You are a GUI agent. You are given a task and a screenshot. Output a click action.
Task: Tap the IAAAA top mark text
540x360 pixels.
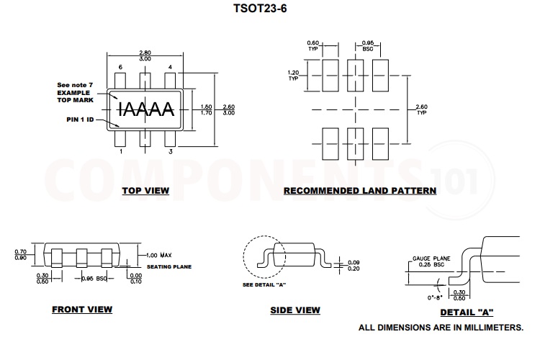[145, 109]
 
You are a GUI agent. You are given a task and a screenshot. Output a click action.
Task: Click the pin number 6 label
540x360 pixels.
[120, 67]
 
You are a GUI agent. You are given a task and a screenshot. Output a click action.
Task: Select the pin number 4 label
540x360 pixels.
[170, 67]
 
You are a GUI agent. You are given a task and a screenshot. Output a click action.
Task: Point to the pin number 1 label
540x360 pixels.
[120, 152]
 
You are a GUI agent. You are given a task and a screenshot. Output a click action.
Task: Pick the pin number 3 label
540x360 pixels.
[170, 152]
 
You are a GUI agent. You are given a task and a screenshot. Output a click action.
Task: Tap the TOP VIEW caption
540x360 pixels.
[145, 191]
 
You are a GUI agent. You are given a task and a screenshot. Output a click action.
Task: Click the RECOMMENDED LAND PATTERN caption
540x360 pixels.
[359, 191]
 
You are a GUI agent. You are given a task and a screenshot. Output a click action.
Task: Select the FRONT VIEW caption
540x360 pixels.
[82, 310]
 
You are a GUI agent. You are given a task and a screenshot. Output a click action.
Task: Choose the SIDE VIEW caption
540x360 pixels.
[295, 310]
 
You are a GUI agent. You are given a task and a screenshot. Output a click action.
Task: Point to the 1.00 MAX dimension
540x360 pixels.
[158, 256]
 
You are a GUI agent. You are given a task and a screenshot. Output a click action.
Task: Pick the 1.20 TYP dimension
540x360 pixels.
[293, 75]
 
